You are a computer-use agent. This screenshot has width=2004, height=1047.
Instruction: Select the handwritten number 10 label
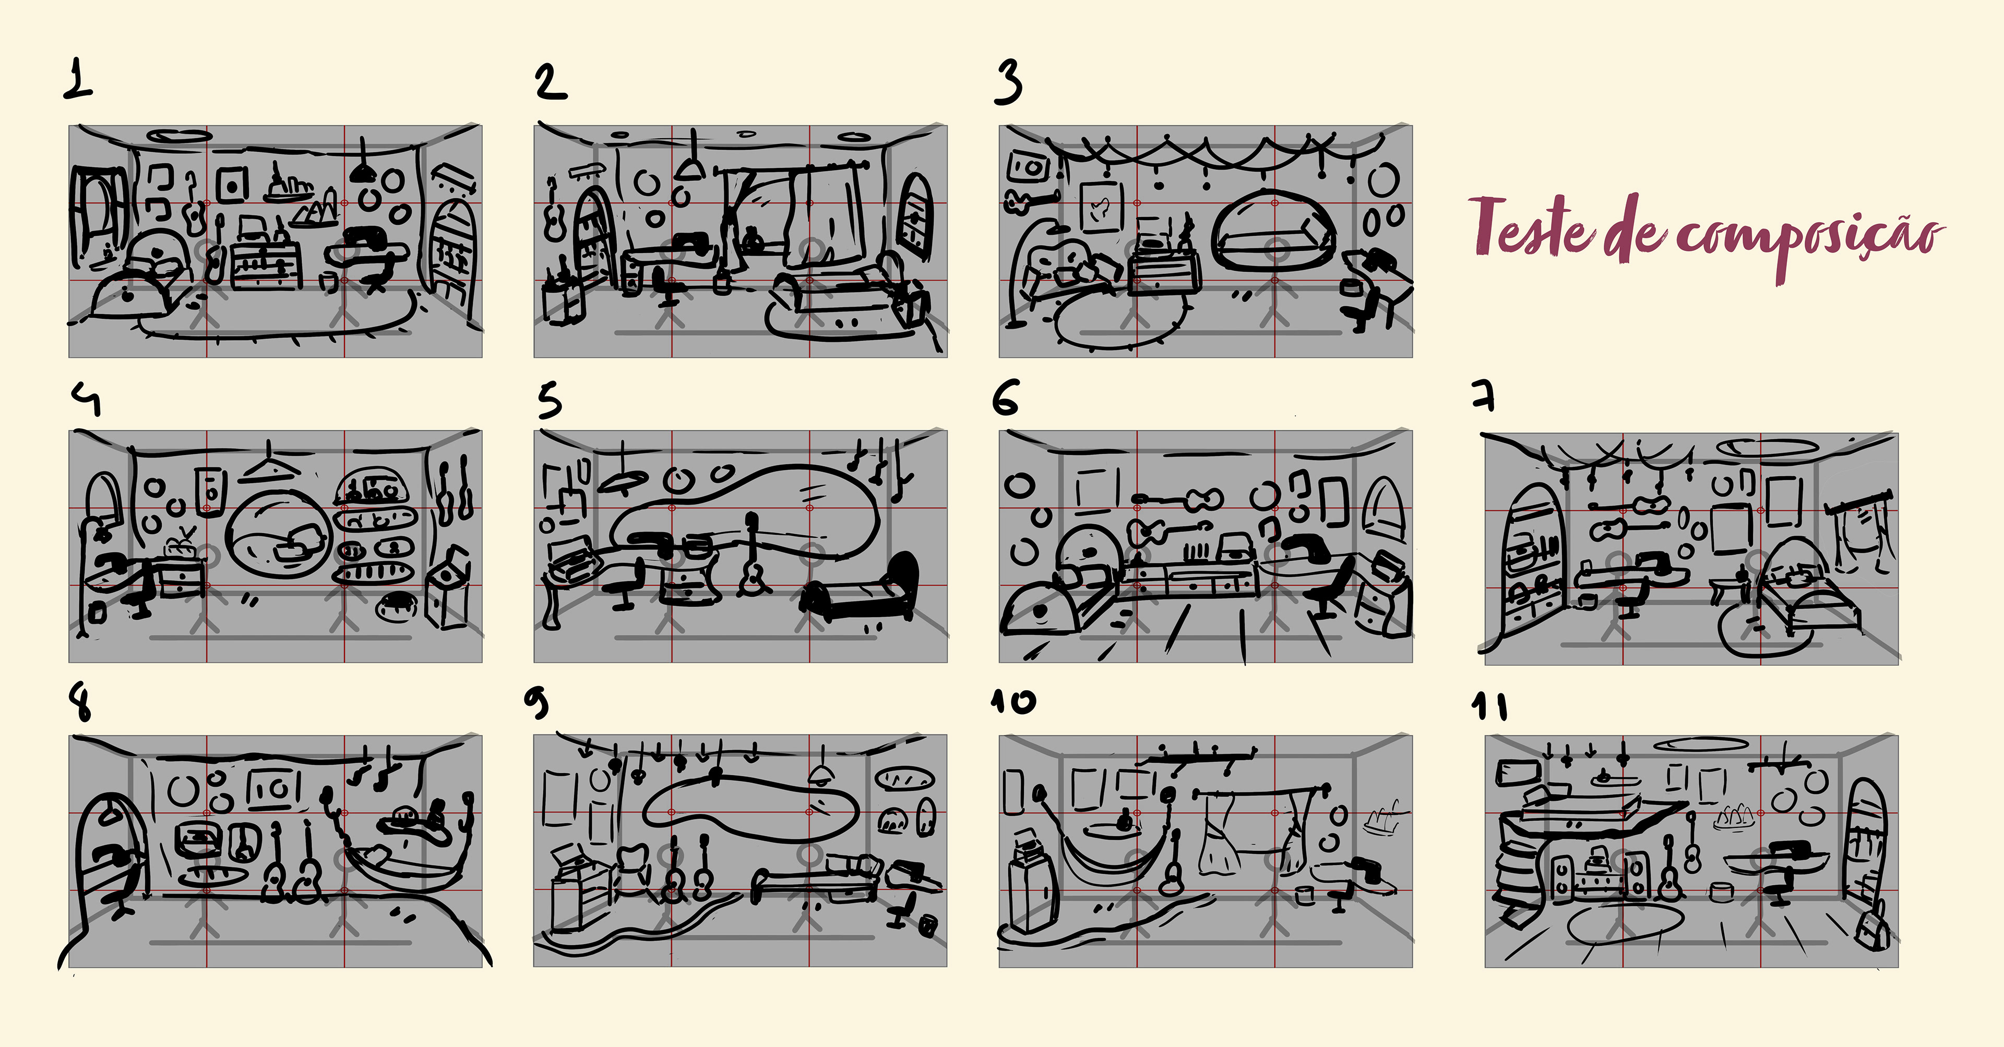pyautogui.click(x=1013, y=702)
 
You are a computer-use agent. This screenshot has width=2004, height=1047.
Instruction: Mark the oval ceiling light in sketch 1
pyautogui.click(x=177, y=136)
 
